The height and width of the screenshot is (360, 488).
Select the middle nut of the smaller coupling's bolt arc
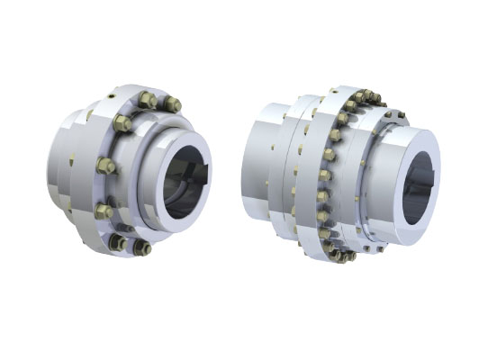[x=104, y=166]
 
